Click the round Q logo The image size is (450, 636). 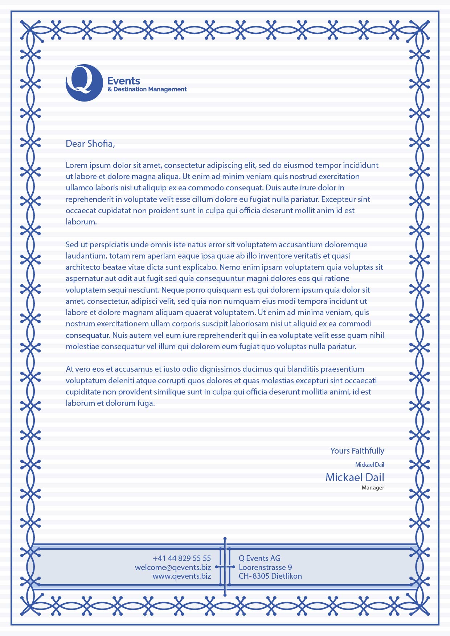point(84,83)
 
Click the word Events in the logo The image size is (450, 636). point(124,81)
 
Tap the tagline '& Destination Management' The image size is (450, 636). point(147,89)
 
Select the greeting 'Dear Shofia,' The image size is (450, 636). point(90,144)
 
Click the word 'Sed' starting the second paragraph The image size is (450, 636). point(72,245)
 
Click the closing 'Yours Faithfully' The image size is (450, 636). point(357,451)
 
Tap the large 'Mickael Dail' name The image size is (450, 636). point(355,477)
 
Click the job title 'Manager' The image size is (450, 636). point(373,488)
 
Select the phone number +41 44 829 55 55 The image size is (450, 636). point(182,558)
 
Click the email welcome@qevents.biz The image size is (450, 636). point(173,567)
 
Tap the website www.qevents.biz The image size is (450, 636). point(182,576)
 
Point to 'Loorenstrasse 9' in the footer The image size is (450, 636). point(265,567)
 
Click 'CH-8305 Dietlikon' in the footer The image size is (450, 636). point(270,576)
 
